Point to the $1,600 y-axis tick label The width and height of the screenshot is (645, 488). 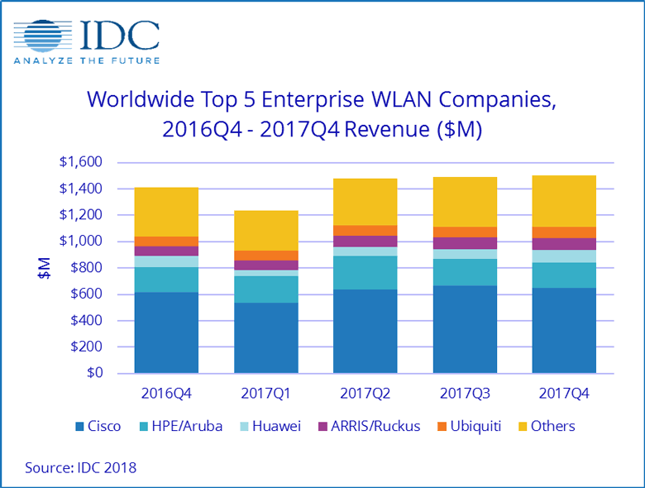(x=82, y=162)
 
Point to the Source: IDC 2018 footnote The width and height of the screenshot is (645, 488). (x=81, y=468)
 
